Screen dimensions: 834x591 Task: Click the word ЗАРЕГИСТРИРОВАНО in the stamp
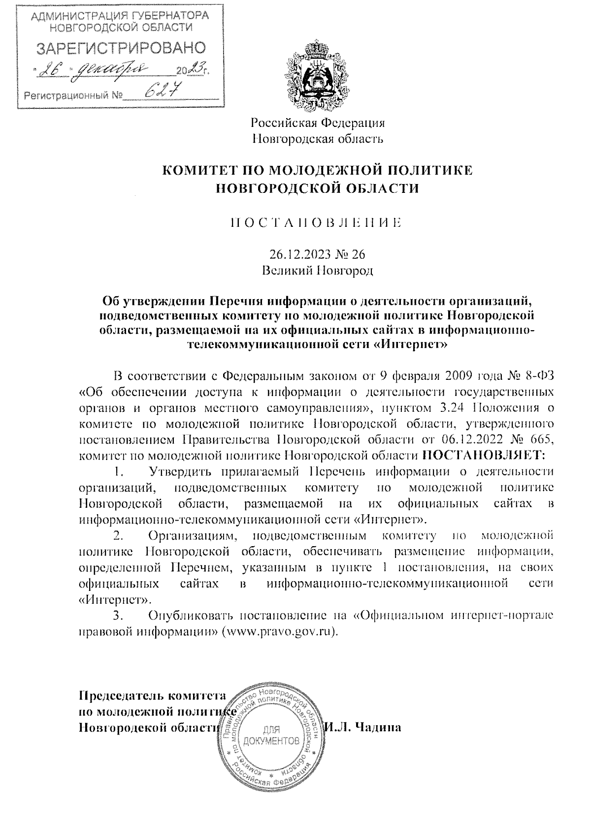coord(120,48)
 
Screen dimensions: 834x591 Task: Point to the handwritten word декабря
coord(109,71)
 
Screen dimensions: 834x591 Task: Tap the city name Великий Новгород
coord(317,270)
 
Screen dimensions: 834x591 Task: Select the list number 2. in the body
coord(118,535)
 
